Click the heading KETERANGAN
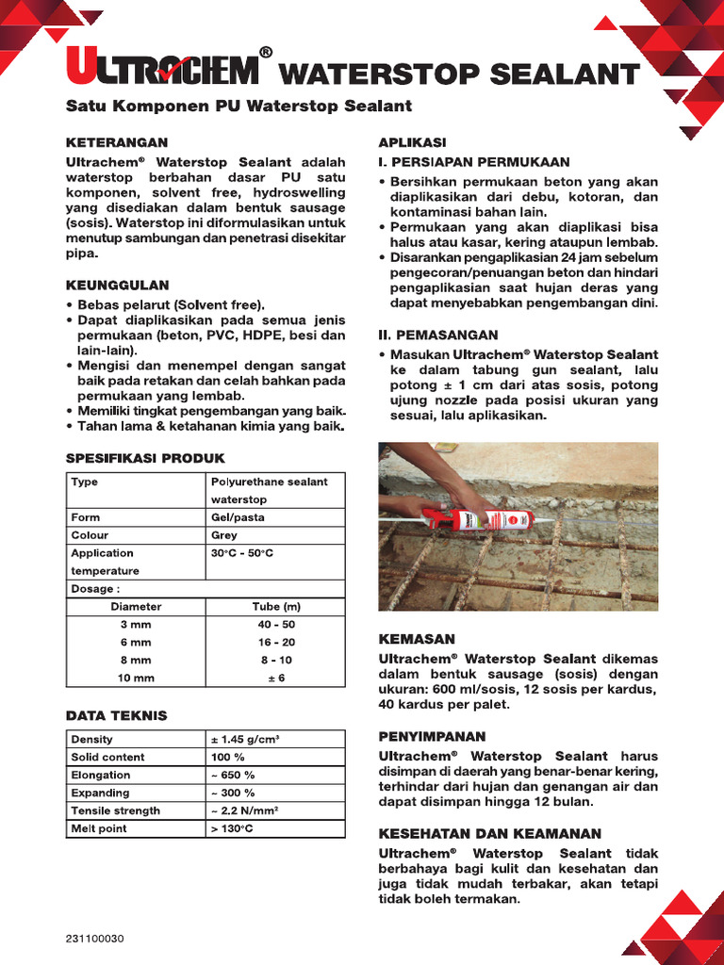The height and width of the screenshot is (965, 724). click(x=117, y=142)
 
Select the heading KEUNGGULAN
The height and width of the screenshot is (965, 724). click(x=117, y=285)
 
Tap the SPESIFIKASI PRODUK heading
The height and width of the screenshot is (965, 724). click(x=145, y=458)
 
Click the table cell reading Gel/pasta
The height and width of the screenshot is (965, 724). click(x=238, y=517)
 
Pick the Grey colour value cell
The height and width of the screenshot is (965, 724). click(x=224, y=535)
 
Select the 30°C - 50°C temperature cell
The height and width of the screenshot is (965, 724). click(x=242, y=553)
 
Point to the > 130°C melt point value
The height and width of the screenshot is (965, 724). click(x=233, y=829)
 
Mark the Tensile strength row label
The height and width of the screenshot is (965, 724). click(x=116, y=811)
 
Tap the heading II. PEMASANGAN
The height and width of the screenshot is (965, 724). click(x=438, y=335)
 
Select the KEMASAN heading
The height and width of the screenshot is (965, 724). click(x=417, y=639)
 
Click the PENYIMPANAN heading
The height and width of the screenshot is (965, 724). click(x=432, y=736)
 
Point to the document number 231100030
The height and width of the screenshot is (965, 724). click(x=95, y=939)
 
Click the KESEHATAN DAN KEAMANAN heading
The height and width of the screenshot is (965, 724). click(x=489, y=834)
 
